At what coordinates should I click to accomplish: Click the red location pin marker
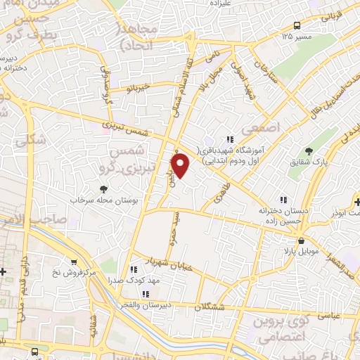[181, 165]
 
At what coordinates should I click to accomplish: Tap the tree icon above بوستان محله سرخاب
[104, 188]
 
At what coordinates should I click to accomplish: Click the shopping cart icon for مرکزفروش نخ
[73, 260]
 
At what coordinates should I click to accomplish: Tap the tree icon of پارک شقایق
[308, 150]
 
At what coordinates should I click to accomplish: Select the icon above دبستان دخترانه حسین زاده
[284, 199]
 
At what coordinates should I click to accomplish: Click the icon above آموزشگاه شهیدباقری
[229, 139]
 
